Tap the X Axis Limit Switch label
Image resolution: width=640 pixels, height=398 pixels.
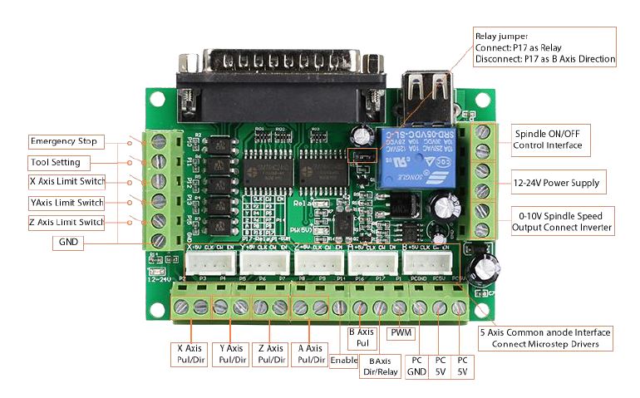pyautogui.click(x=66, y=182)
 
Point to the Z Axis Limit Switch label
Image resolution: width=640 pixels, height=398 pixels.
pyautogui.click(x=66, y=222)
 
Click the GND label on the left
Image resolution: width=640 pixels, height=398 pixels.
pyautogui.click(x=66, y=243)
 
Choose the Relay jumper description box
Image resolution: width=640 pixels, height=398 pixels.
pyautogui.click(x=544, y=47)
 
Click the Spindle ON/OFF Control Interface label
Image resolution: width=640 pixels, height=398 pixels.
pyautogui.click(x=548, y=140)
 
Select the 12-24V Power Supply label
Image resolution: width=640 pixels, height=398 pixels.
pyautogui.click(x=556, y=183)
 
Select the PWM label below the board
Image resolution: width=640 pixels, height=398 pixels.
pyautogui.click(x=400, y=334)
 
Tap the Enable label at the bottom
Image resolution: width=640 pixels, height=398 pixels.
pyautogui.click(x=344, y=361)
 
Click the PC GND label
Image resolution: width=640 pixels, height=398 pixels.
pyautogui.click(x=416, y=366)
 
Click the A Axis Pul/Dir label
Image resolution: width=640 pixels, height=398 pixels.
pyautogui.click(x=310, y=354)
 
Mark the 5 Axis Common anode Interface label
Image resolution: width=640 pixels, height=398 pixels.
pyautogui.click(x=545, y=337)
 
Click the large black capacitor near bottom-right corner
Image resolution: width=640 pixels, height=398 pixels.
pyautogui.click(x=481, y=268)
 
